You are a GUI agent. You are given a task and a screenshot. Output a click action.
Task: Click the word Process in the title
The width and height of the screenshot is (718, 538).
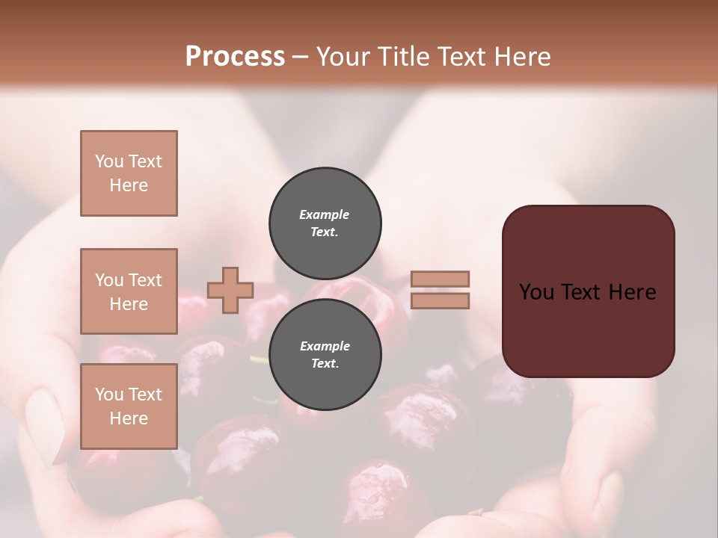click(235, 57)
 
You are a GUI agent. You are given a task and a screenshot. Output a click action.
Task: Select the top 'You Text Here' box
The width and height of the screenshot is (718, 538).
click(129, 173)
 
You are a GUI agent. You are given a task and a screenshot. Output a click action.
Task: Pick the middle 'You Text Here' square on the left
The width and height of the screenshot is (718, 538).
click(129, 291)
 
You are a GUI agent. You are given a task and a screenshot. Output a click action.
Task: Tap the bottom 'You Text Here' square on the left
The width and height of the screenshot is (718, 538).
click(129, 406)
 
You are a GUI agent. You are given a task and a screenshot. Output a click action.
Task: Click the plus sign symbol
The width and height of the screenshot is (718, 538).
click(230, 290)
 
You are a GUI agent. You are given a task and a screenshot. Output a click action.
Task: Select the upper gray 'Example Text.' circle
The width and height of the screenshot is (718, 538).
click(325, 223)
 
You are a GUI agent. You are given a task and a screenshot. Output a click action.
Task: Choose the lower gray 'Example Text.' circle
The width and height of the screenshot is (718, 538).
click(325, 354)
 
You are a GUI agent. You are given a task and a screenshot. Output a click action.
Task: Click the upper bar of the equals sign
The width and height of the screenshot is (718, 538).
click(440, 279)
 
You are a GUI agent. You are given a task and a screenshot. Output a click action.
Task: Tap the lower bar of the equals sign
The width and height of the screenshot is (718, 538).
click(440, 301)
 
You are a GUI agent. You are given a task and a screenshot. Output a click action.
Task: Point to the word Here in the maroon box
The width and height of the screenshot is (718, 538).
click(632, 292)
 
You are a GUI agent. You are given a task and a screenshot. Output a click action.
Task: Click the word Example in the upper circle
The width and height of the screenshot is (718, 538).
click(325, 214)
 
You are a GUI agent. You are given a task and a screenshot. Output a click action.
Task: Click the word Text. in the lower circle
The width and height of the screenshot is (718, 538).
click(325, 364)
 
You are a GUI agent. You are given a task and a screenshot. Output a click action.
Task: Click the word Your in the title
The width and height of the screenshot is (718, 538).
click(342, 57)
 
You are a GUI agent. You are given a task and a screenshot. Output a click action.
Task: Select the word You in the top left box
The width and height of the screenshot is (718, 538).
click(109, 161)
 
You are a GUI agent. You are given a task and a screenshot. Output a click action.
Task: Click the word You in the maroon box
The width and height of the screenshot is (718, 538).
click(536, 292)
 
